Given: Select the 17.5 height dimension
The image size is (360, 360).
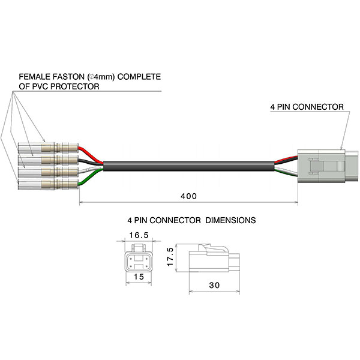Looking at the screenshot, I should [x=171, y=257].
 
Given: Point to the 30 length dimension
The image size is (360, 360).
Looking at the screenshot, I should [x=215, y=286].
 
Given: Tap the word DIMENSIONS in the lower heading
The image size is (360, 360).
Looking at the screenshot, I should [x=230, y=220].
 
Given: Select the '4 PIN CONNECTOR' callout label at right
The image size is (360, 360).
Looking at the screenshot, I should [x=306, y=107].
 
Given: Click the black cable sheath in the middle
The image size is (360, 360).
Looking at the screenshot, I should [x=186, y=165].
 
